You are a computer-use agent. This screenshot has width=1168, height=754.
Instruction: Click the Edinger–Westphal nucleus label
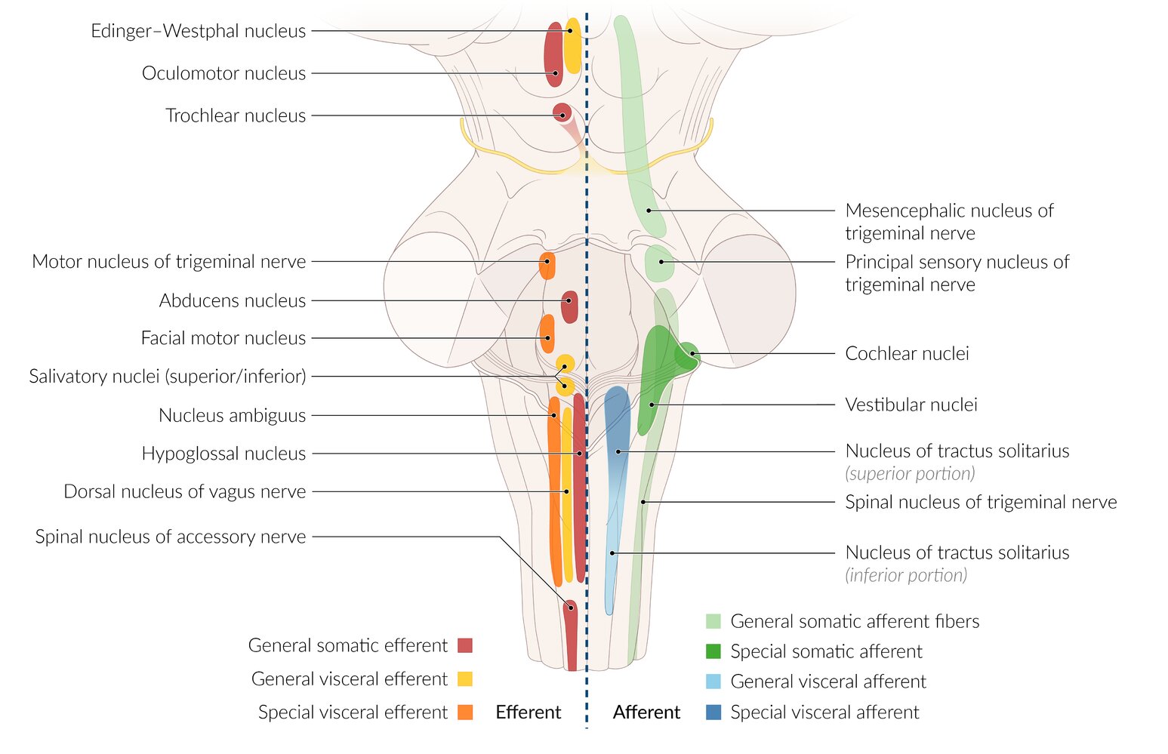tap(198, 31)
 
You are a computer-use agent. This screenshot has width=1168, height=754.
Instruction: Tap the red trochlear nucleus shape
tap(562, 112)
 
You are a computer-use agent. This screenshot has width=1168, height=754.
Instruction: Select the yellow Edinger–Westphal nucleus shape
tap(573, 45)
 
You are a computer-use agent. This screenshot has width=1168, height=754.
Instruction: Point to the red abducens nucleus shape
tap(569, 306)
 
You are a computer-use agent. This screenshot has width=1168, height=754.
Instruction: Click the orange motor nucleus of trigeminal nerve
tap(547, 266)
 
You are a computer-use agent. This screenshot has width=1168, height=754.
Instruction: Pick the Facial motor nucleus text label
tap(223, 338)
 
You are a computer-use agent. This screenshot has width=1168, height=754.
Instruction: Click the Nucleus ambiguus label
tap(232, 415)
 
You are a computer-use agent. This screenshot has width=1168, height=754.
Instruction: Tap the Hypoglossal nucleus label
tap(223, 454)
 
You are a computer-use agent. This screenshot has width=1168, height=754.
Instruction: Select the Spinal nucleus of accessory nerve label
tap(171, 537)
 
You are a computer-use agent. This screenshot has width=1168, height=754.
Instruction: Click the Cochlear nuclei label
tap(907, 353)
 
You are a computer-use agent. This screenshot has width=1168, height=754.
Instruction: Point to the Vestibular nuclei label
tap(911, 405)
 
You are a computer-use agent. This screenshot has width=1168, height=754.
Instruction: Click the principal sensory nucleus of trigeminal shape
tap(659, 262)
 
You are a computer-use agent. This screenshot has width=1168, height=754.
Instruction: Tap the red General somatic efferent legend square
tap(465, 645)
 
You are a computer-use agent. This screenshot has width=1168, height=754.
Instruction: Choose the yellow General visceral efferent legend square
tap(465, 679)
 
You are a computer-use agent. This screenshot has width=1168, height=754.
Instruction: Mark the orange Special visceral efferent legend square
tap(465, 712)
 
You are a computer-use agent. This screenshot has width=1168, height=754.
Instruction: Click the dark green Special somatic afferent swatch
tap(713, 651)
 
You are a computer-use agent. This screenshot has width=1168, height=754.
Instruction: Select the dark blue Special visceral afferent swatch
tap(713, 712)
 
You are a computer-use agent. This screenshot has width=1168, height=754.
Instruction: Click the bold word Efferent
tap(528, 712)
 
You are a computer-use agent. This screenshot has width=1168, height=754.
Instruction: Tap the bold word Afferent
tap(646, 712)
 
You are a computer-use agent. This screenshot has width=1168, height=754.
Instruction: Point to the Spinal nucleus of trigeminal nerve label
tap(981, 502)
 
